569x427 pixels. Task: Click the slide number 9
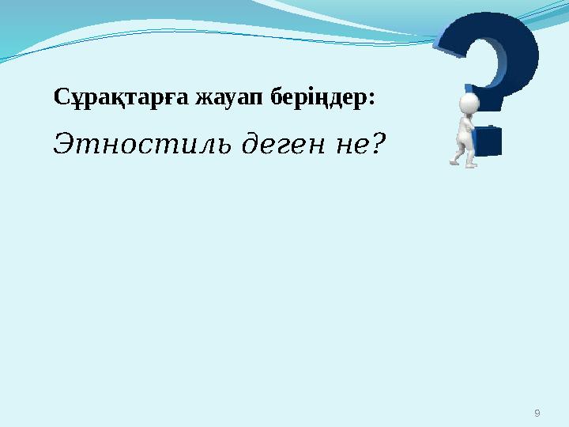pyautogui.click(x=537, y=413)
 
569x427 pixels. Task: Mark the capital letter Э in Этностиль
pyautogui.click(x=65, y=144)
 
